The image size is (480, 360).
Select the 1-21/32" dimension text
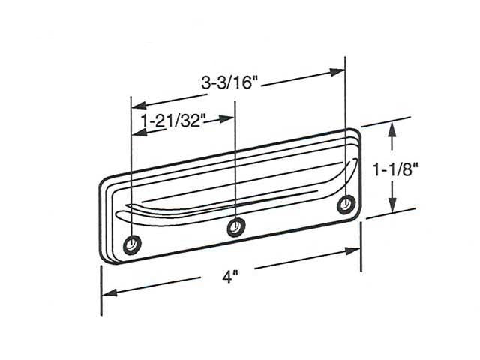click(x=173, y=120)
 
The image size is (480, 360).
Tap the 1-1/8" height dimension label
click(x=395, y=170)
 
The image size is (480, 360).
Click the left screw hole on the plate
click(x=132, y=244)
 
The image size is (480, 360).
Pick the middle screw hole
click(x=237, y=224)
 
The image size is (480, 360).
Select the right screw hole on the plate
click(x=346, y=204)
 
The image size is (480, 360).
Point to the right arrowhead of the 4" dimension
click(x=355, y=250)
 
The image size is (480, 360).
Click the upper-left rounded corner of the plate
click(x=106, y=181)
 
